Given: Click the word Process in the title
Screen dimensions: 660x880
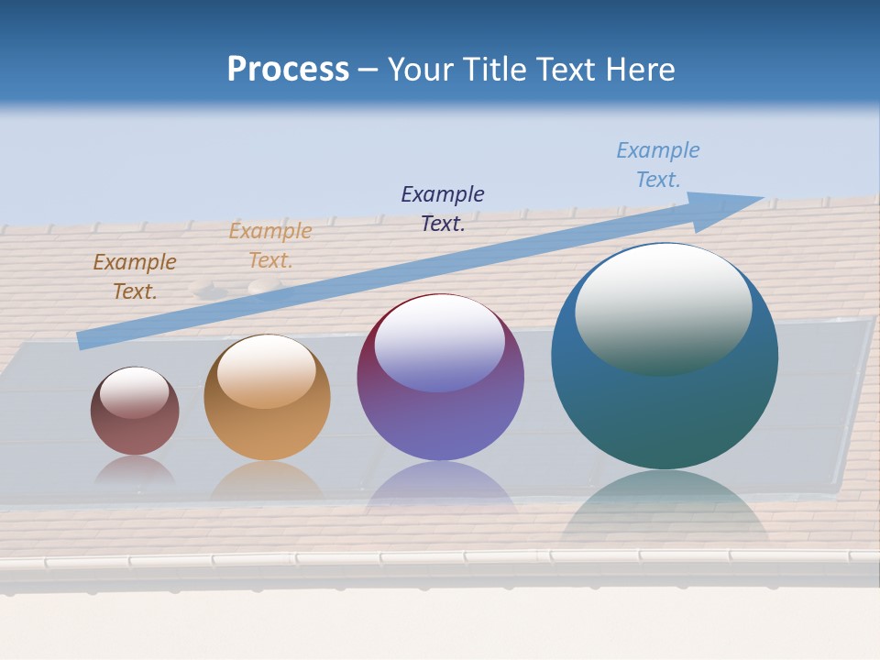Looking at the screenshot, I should coord(288,70).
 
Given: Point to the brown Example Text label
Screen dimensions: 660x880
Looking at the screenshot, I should coord(135,277).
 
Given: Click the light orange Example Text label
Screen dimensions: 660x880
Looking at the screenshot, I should coord(270,246).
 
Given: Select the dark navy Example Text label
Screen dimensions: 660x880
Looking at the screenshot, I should coord(443,208).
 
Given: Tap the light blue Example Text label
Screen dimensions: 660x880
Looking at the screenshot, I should coord(658,164).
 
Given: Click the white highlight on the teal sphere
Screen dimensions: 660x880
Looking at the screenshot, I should coord(663,309).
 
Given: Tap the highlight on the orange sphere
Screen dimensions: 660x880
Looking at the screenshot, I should coord(267,370).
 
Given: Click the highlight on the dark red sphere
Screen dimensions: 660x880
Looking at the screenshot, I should coord(134,392).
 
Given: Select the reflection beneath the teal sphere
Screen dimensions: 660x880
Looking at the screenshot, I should coord(665,509).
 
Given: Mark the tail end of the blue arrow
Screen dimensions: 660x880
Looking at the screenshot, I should coord(85,340).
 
